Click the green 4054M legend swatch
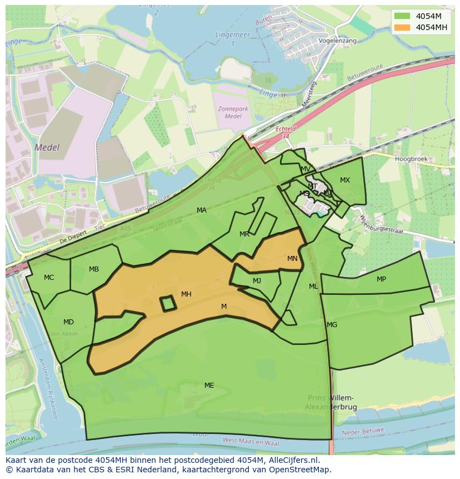click(402, 16)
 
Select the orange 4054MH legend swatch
click(402, 27)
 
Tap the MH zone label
click(186, 294)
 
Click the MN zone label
click(292, 259)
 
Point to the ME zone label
click(209, 386)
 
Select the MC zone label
click(49, 278)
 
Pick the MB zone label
click(94, 269)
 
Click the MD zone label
click(68, 322)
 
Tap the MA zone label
click(202, 210)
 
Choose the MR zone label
click(244, 234)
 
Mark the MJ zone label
click(257, 281)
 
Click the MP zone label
click(381, 279)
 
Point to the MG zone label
click(332, 325)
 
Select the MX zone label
click(345, 180)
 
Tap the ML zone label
click(313, 287)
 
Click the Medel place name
click(47, 148)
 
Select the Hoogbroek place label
click(410, 159)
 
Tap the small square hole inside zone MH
click(168, 303)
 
